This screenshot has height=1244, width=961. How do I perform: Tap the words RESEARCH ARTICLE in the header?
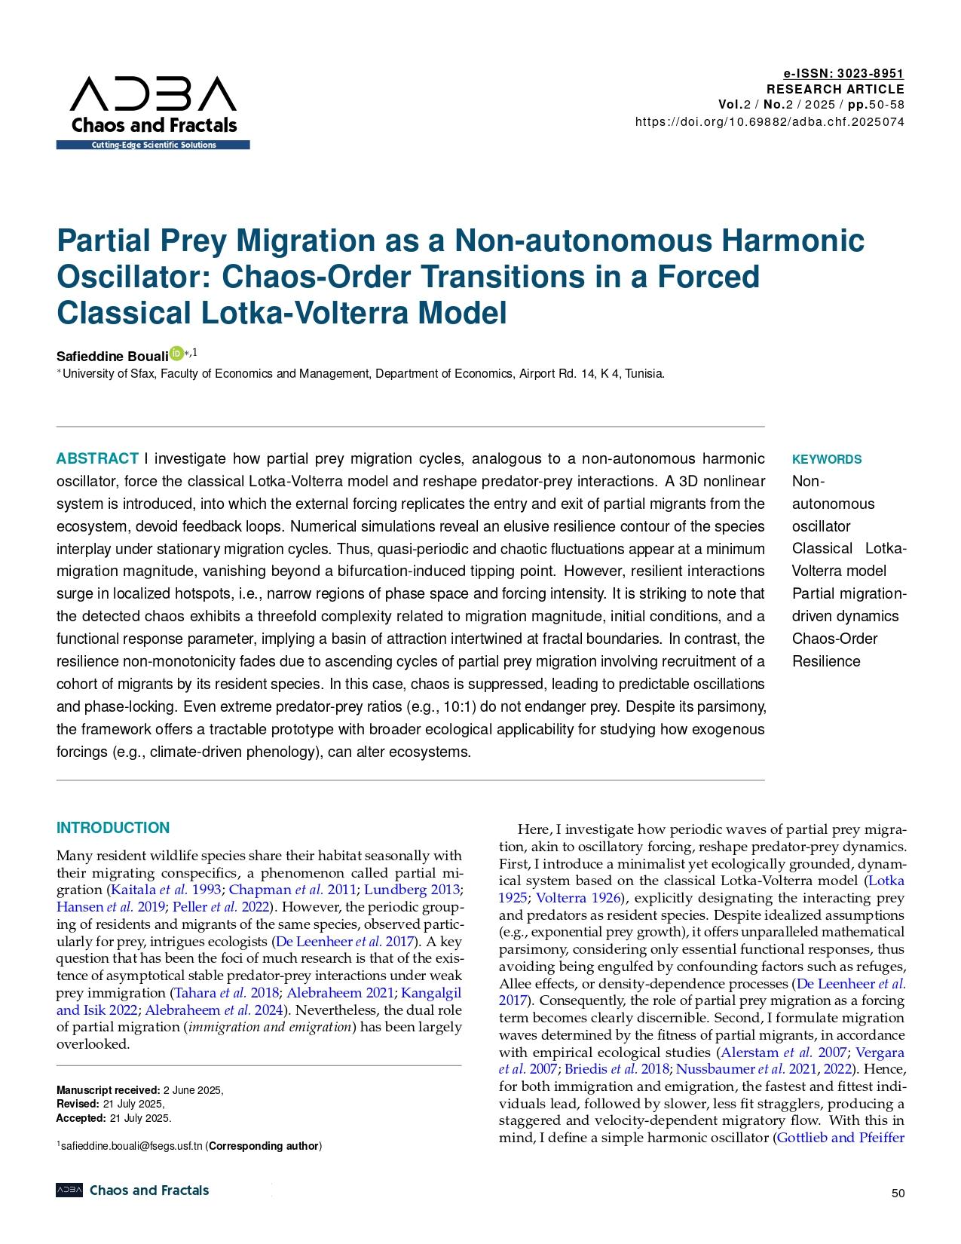click(x=834, y=89)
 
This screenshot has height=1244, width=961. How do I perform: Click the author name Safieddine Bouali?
click(x=112, y=356)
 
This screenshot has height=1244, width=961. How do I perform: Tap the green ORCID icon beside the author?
click(x=176, y=353)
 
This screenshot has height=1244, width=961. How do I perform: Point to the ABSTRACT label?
click(x=97, y=459)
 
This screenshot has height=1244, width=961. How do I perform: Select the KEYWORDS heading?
click(x=826, y=459)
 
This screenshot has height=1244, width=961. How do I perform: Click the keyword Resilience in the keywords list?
click(x=825, y=661)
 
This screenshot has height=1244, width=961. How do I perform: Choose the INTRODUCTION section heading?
click(x=113, y=828)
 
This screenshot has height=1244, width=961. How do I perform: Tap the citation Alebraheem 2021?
click(x=336, y=992)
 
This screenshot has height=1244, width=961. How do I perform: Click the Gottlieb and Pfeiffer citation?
click(x=840, y=1138)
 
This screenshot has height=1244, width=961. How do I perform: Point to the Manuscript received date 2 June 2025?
click(x=192, y=1090)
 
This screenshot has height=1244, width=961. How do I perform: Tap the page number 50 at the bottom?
click(x=897, y=1193)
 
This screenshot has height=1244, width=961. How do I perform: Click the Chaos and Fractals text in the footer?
click(x=149, y=1190)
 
